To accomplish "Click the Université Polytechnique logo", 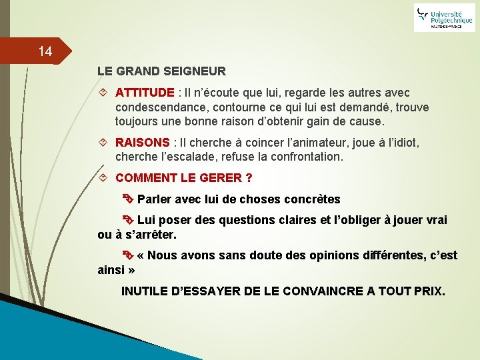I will pos(444,17).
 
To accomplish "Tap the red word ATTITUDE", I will pos(145,93).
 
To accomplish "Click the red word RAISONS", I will pos(143,143).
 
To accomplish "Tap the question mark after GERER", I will pos(249,178).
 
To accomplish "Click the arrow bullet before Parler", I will pos(128,199).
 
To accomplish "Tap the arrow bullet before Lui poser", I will pos(128,220).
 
